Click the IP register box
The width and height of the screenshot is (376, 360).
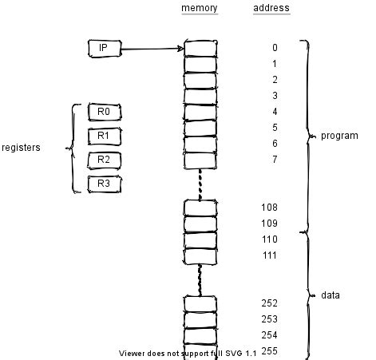[x=103, y=49]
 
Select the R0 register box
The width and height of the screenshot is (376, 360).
[x=103, y=112]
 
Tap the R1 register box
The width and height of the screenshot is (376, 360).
[x=103, y=136]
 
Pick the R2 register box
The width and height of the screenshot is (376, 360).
[x=103, y=160]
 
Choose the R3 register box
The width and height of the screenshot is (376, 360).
[x=103, y=184]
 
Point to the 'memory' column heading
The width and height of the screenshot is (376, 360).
[x=200, y=9]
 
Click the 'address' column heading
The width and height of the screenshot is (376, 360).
[x=271, y=9]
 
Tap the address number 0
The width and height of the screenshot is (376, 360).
[x=275, y=48]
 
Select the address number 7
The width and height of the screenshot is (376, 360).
[x=275, y=160]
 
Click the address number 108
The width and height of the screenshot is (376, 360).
[x=269, y=208]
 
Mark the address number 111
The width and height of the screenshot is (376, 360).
[x=269, y=255]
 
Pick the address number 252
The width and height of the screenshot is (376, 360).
[x=269, y=303]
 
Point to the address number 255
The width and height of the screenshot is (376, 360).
[x=269, y=351]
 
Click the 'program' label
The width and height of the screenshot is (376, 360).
[x=339, y=136]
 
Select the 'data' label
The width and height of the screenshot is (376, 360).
[x=330, y=295]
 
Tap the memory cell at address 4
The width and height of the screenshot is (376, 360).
[x=200, y=112]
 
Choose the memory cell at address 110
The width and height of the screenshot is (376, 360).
[x=200, y=239]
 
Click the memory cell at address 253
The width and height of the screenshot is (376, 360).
[x=200, y=319]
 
